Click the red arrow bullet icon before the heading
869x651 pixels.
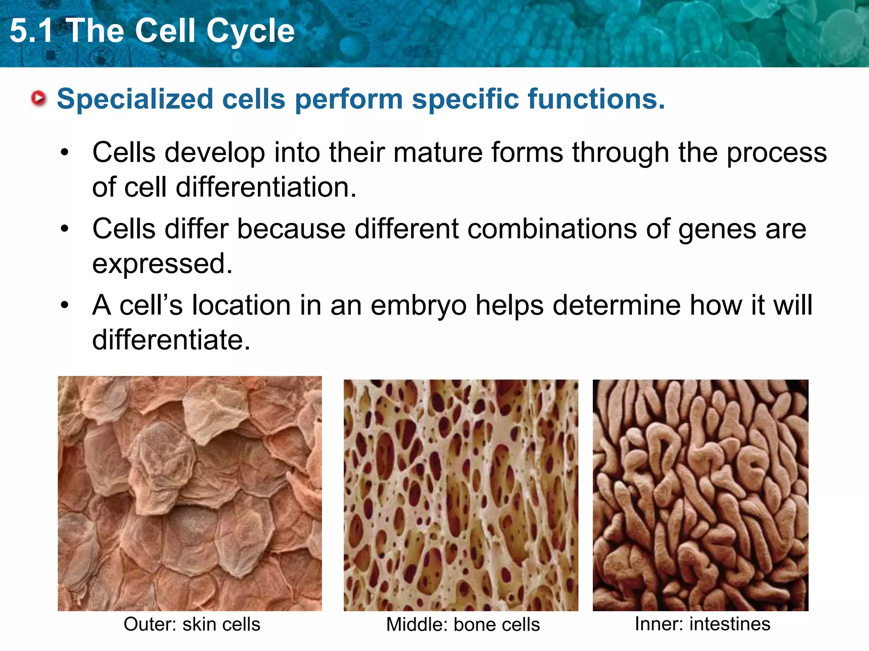point(39,98)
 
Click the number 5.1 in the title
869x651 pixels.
point(31,31)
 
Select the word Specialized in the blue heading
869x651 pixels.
point(135,99)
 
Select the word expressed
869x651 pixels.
point(162,264)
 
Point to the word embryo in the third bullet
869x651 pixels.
point(418,306)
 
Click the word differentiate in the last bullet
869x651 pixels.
point(171,340)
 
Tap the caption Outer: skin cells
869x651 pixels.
point(192,624)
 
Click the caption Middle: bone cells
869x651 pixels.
point(463,625)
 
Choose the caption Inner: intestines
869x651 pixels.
point(702,624)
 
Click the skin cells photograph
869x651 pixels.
point(190,493)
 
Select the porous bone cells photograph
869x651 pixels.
point(461,495)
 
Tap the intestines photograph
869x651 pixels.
point(701,495)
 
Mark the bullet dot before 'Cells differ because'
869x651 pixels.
point(64,229)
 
